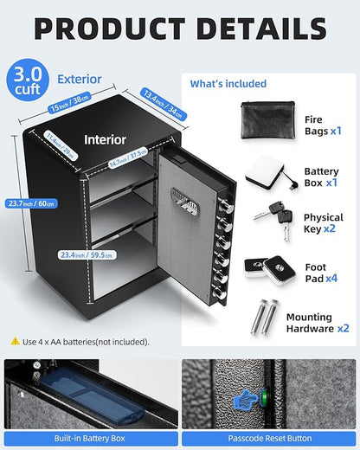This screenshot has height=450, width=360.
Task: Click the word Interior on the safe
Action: (105, 138)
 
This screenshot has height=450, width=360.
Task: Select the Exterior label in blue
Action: (79, 79)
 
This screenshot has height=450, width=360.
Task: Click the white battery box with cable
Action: (268, 169)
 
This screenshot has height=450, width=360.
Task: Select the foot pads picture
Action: (267, 267)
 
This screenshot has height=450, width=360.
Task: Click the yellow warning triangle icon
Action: (15, 341)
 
